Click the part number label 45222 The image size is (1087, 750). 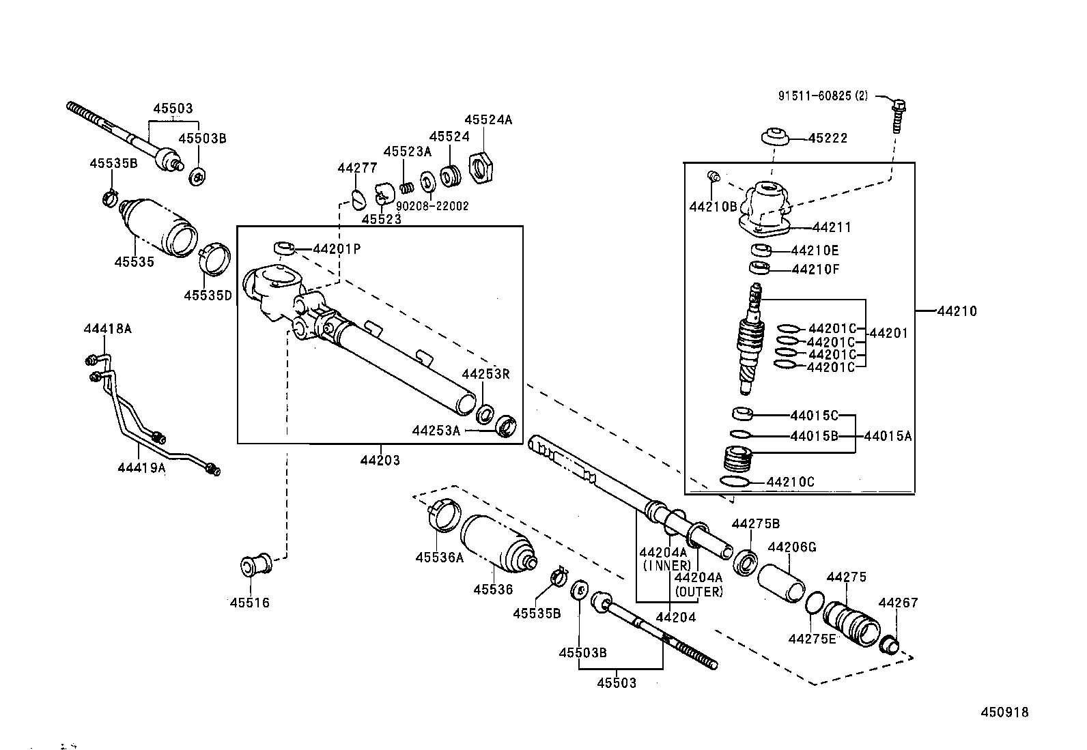pyautogui.click(x=828, y=139)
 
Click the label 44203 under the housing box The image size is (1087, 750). pyautogui.click(x=380, y=460)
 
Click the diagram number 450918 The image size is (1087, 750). pyautogui.click(x=1004, y=712)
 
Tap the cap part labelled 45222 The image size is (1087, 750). pyautogui.click(x=774, y=136)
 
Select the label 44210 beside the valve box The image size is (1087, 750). pyautogui.click(x=957, y=311)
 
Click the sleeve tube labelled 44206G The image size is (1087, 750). pyautogui.click(x=781, y=583)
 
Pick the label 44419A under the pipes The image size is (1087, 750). pyautogui.click(x=142, y=467)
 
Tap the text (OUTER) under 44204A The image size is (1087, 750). pyautogui.click(x=698, y=592)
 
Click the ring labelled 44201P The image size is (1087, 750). pyautogui.click(x=284, y=248)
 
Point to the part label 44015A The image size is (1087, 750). pyautogui.click(x=888, y=436)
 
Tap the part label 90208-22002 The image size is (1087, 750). pyautogui.click(x=432, y=206)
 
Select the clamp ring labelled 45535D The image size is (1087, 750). pyautogui.click(x=214, y=259)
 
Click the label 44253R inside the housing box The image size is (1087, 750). pyautogui.click(x=485, y=374)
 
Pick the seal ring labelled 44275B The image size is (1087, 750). pyautogui.click(x=746, y=562)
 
